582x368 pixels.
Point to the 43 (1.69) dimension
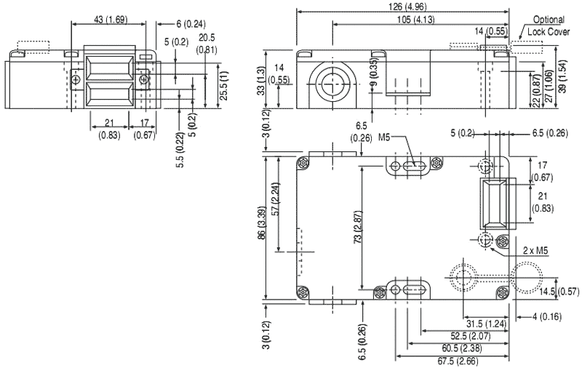click(108, 20)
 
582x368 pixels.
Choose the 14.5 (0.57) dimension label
click(558, 292)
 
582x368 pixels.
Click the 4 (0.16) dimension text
click(547, 316)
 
